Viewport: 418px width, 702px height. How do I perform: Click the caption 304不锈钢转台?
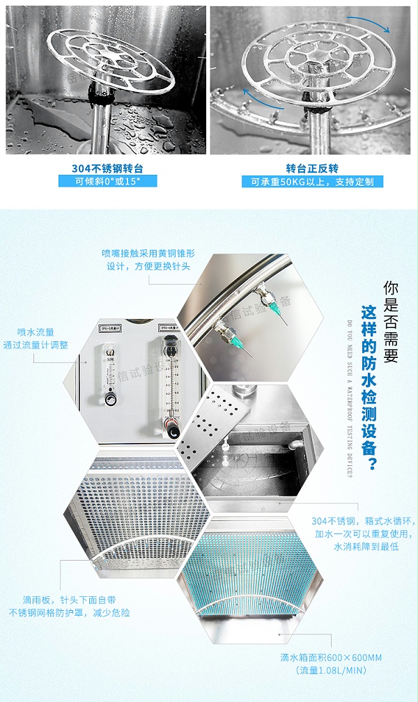(107, 169)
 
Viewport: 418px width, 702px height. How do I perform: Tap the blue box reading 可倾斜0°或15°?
(107, 181)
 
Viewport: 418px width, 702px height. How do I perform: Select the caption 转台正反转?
(312, 169)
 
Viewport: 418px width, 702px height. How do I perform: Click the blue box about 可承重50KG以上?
(312, 182)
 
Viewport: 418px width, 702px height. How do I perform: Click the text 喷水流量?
(36, 332)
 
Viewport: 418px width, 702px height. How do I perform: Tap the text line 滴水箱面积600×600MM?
(331, 657)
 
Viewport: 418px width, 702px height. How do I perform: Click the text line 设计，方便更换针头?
(148, 266)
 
